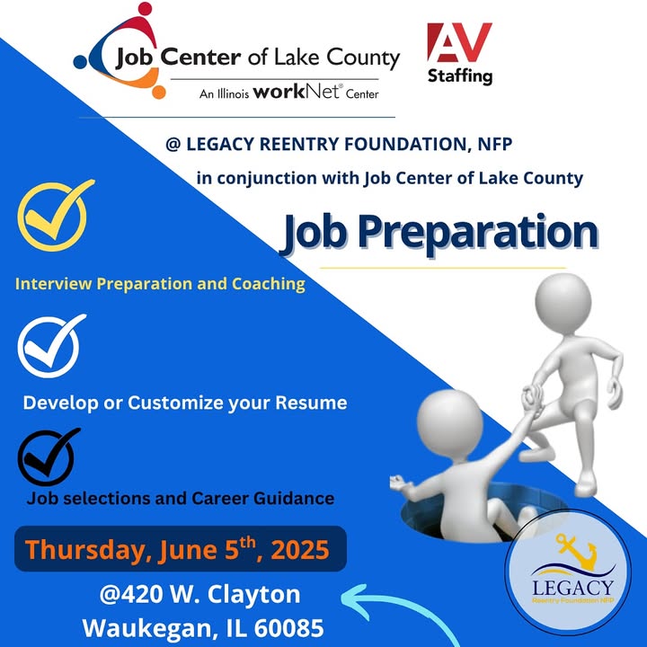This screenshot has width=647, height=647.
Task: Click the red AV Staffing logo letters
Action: click(x=459, y=42)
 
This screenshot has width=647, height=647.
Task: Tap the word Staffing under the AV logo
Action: click(x=460, y=76)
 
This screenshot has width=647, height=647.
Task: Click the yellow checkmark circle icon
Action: click(x=55, y=215)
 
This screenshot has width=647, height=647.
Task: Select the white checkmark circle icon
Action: click(x=50, y=346)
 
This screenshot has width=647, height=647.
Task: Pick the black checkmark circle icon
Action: click(x=48, y=456)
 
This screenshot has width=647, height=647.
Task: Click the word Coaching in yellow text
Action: click(x=268, y=284)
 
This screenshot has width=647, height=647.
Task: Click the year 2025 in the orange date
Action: click(x=300, y=550)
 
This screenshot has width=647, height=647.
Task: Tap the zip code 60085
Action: click(x=288, y=628)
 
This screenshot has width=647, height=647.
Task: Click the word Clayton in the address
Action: click(x=253, y=595)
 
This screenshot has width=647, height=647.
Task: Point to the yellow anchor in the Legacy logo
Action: click(x=576, y=551)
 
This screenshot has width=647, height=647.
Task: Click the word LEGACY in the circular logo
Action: click(x=572, y=588)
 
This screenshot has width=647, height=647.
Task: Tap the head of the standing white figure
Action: click(x=563, y=303)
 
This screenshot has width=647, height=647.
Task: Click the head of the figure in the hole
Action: click(x=450, y=425)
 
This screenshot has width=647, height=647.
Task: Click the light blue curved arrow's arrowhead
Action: click(x=356, y=602)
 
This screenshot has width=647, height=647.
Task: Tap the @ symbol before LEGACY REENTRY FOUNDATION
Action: click(x=173, y=145)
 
